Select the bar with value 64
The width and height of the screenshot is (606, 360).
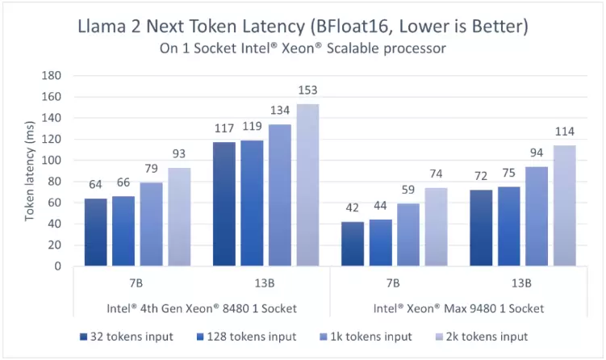click(95, 232)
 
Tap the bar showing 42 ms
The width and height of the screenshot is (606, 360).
click(353, 243)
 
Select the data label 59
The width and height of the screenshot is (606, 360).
click(409, 191)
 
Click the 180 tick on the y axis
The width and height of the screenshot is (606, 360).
click(52, 76)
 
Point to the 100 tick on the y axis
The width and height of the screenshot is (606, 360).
click(52, 161)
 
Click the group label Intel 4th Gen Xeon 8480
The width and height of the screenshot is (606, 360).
click(202, 308)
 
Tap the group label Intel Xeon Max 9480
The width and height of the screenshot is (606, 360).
click(459, 308)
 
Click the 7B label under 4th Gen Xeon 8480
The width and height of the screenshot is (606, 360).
click(137, 283)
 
